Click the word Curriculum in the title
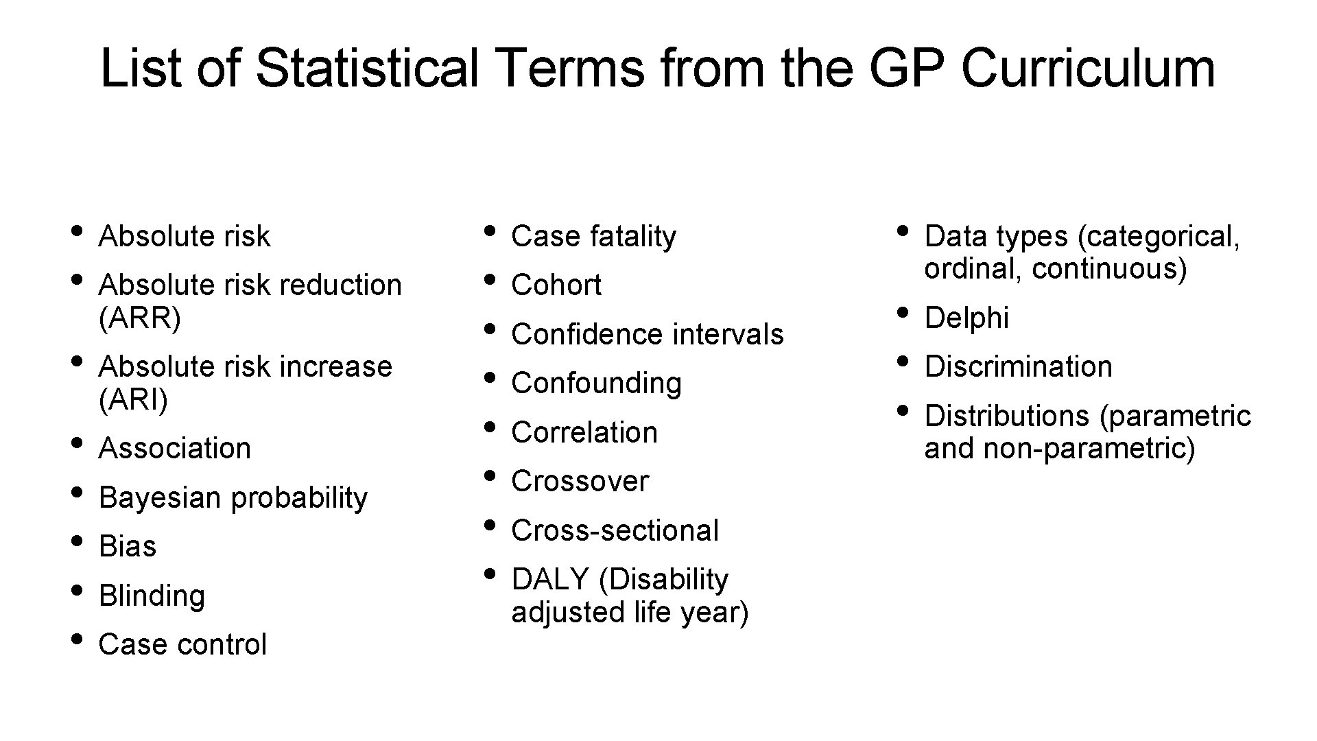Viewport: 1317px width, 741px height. click(1088, 69)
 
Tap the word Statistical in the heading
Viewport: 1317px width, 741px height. click(368, 69)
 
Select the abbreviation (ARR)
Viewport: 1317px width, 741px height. click(140, 318)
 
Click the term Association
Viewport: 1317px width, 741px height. click(175, 449)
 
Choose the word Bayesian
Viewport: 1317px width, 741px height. click(160, 497)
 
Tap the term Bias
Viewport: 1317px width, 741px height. click(128, 547)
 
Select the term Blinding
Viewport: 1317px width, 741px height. click(152, 596)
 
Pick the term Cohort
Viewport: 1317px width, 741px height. click(556, 285)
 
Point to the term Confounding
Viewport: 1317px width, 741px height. click(596, 384)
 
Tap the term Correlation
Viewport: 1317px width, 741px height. click(584, 433)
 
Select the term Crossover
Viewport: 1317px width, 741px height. click(580, 482)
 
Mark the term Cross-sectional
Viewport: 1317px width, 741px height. click(615, 531)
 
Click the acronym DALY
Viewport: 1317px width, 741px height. click(550, 580)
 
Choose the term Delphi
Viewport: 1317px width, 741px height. click(966, 318)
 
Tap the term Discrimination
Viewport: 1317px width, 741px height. click(1018, 367)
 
